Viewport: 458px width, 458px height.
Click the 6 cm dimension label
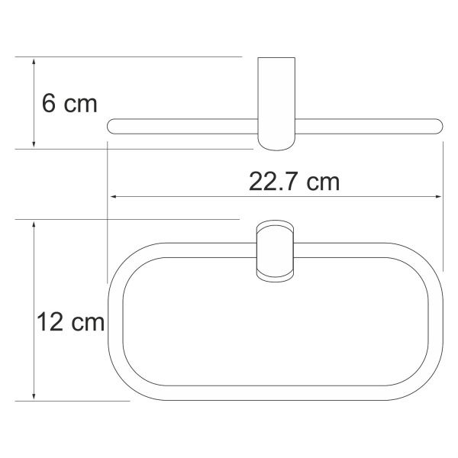(69, 104)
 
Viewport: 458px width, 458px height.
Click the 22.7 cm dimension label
(294, 182)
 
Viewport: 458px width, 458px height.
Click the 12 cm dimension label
(70, 322)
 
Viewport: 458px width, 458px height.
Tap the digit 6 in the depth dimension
(48, 104)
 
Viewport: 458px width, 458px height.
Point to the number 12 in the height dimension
(50, 322)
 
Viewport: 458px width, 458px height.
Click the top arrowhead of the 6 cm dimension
(34, 62)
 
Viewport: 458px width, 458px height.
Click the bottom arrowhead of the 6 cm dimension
(34, 144)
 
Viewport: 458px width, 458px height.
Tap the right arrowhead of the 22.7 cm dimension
(438, 197)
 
